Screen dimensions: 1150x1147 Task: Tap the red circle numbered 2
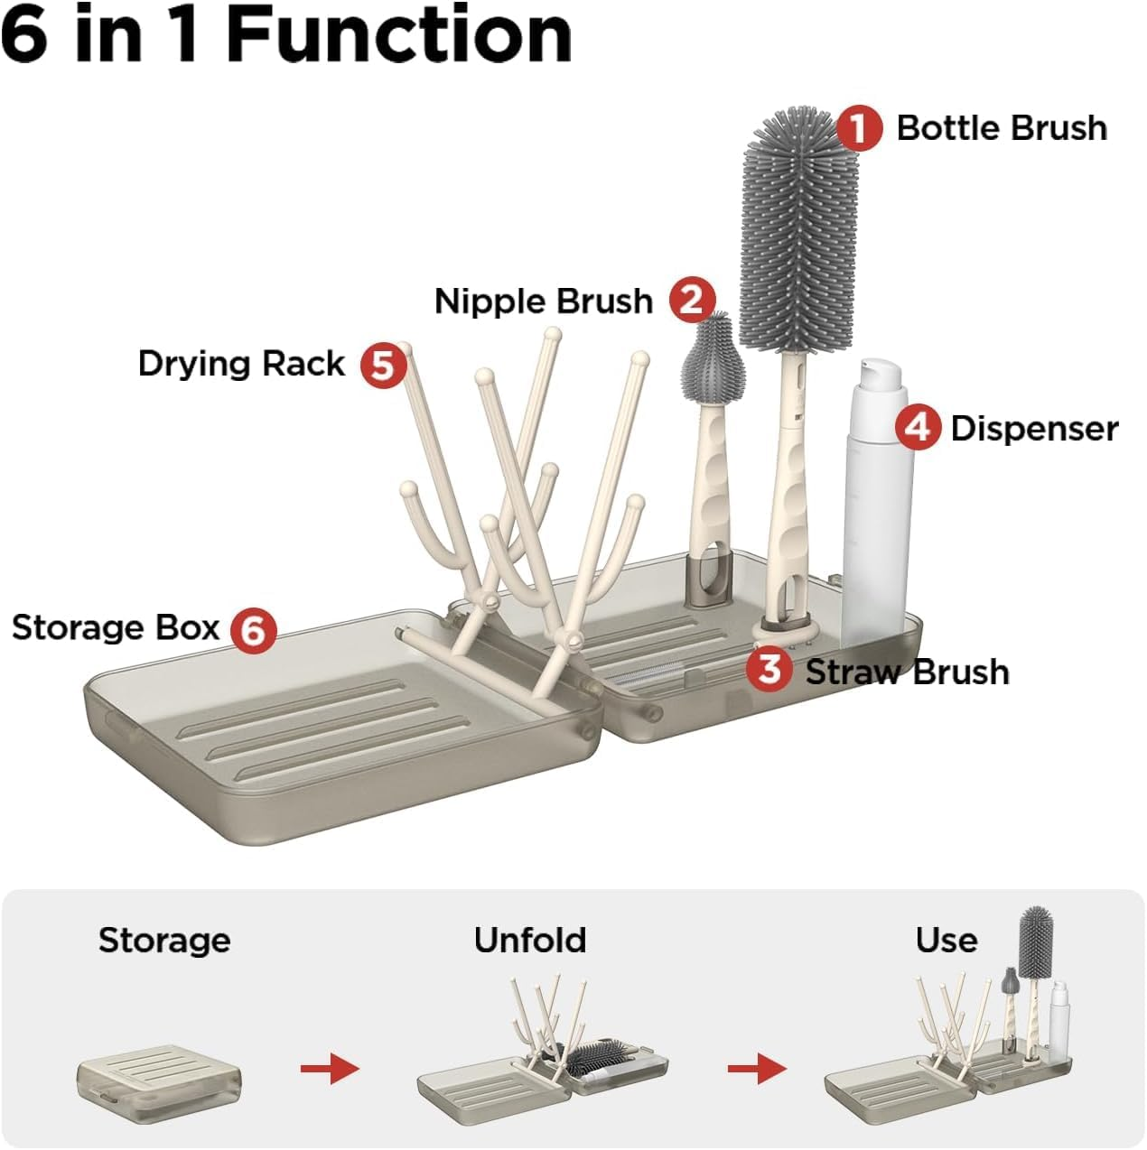point(692,300)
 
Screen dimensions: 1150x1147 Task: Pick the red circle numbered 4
point(918,427)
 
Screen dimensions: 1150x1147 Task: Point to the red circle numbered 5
point(383,366)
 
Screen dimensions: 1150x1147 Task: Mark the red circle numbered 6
point(253,629)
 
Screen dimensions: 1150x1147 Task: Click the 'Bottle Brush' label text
point(1001,128)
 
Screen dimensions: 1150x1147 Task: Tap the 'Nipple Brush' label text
point(543,301)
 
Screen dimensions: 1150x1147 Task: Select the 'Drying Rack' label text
point(241,364)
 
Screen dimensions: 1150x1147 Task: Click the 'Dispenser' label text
point(1034,428)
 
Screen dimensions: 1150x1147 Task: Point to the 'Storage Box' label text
point(116,627)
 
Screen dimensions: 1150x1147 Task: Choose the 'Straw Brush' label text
point(907,672)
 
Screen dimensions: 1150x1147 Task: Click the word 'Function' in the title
point(398,34)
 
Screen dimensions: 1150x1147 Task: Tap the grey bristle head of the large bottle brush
point(797,226)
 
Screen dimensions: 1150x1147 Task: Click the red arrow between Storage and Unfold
point(330,1069)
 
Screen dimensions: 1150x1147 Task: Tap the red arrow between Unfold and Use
point(757,1069)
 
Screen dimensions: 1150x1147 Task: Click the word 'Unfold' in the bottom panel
point(530,941)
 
